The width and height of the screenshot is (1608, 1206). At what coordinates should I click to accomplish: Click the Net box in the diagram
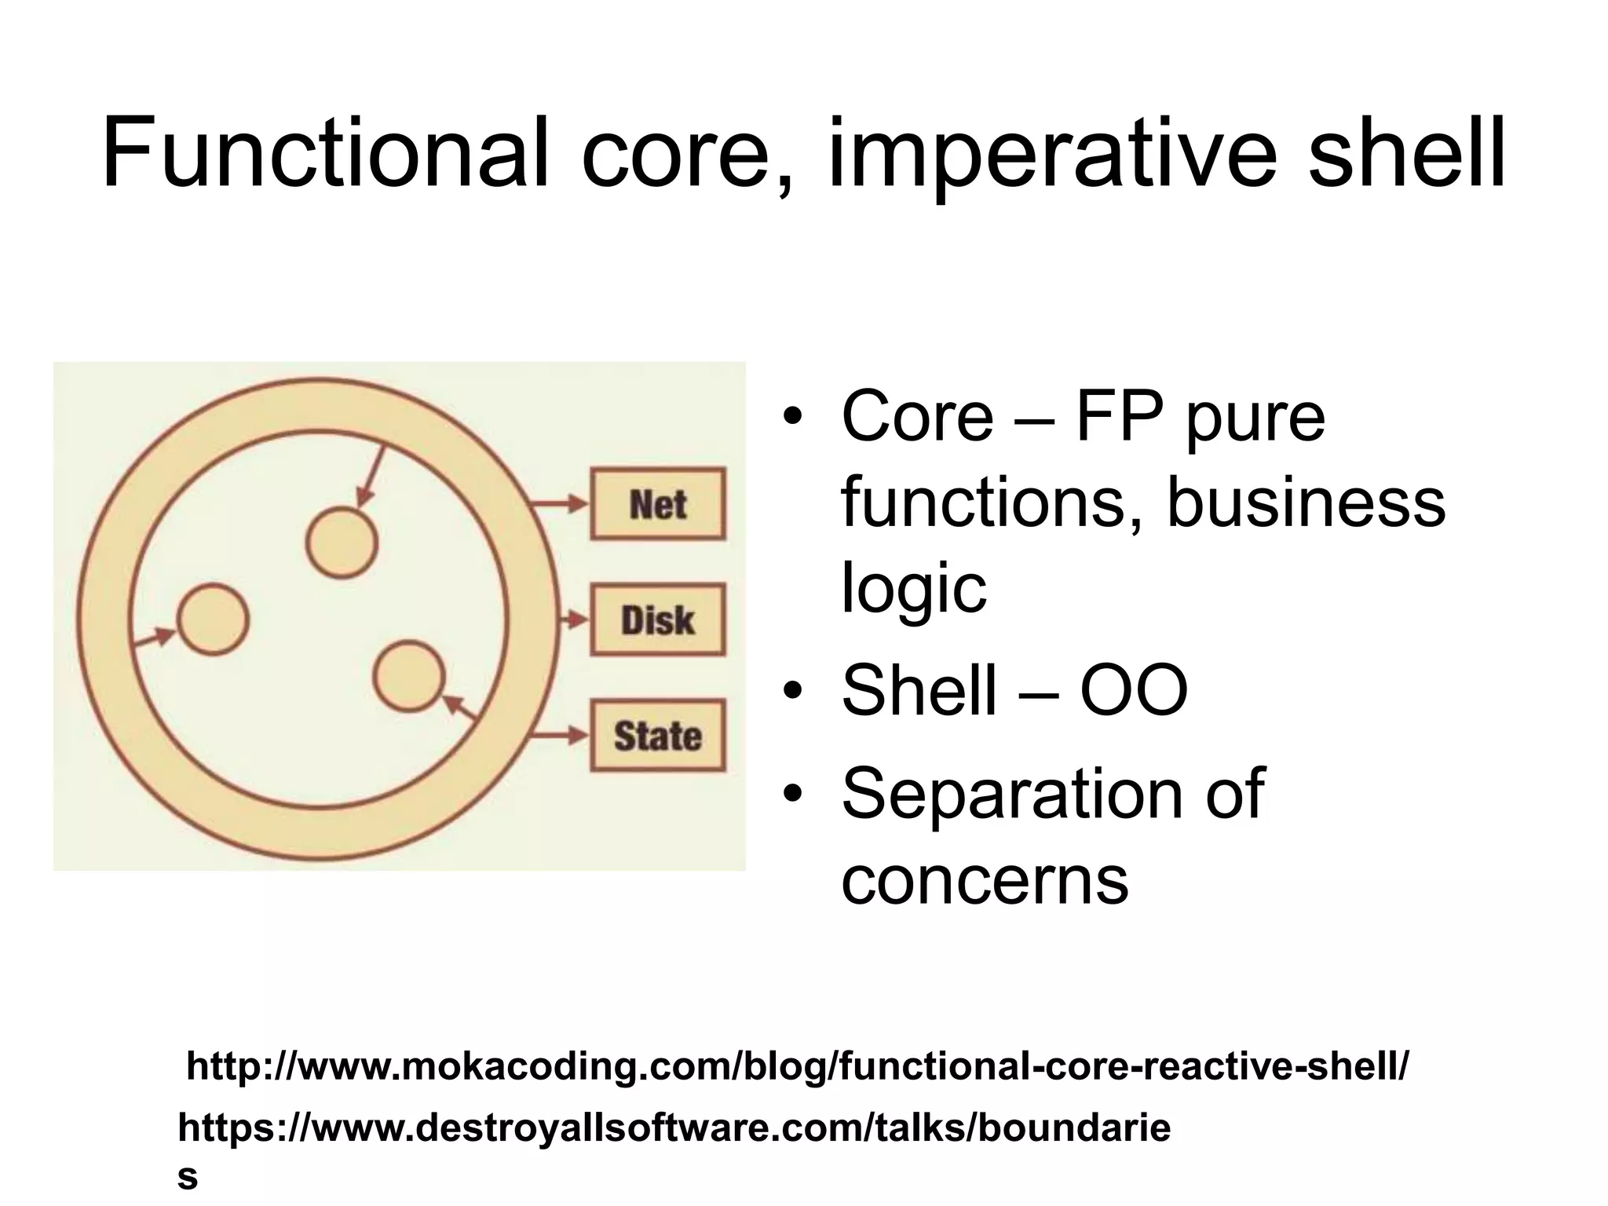658,504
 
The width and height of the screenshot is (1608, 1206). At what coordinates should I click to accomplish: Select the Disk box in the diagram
658,620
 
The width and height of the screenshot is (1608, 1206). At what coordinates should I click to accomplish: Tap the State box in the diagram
658,736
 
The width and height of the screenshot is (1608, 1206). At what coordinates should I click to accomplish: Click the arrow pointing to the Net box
559,504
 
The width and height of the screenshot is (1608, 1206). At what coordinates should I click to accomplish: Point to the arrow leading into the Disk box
573,620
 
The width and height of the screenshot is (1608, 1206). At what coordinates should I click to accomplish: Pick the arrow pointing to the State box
559,736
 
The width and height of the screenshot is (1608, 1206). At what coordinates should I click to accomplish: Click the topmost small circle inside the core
342,543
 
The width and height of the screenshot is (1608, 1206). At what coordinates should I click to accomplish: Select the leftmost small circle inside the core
213,619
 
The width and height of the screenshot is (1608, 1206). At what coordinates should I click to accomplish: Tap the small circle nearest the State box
408,676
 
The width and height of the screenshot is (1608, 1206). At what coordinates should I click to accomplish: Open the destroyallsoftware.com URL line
674,1128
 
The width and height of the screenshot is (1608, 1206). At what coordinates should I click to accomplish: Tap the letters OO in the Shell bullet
1133,690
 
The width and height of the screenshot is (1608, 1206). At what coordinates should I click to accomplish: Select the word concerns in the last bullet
985,879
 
